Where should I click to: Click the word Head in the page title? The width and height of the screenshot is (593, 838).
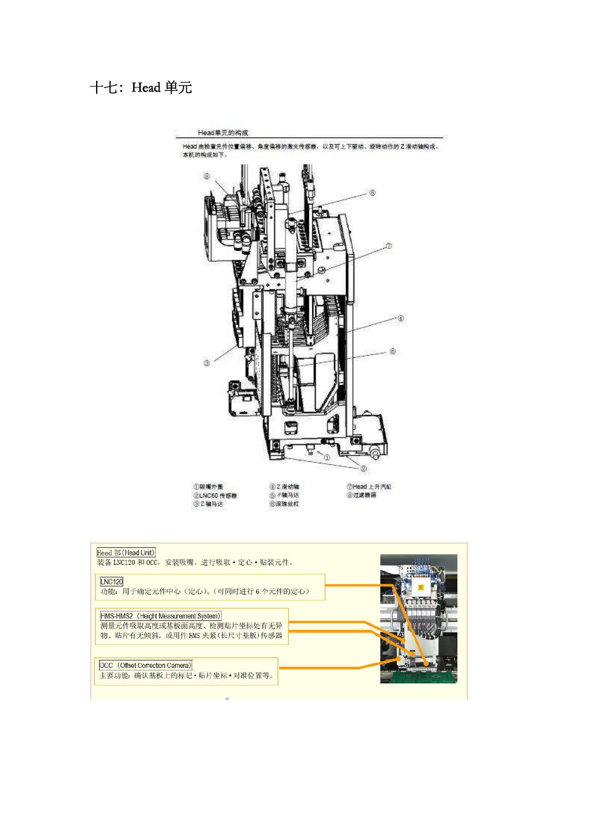click(146, 88)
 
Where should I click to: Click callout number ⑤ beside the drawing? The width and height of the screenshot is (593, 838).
click(372, 193)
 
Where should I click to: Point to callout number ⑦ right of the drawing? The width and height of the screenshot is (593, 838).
click(389, 246)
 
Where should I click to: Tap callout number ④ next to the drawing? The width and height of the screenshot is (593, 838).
click(400, 319)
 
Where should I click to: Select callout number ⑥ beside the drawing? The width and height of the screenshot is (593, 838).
click(393, 352)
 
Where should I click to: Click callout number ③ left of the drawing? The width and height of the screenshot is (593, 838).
click(207, 363)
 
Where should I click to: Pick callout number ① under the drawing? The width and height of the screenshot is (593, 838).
click(327, 457)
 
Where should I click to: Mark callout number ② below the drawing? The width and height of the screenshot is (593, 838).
click(363, 469)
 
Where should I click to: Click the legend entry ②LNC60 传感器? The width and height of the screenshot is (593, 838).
click(215, 495)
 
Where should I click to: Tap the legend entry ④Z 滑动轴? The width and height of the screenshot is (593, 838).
click(284, 486)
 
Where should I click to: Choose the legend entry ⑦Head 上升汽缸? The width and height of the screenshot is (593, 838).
click(369, 486)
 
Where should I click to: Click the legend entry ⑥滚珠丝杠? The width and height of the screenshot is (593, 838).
click(284, 504)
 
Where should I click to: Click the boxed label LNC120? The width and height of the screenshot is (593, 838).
click(111, 581)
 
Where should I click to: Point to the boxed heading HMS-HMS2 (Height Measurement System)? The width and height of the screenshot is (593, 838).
click(160, 616)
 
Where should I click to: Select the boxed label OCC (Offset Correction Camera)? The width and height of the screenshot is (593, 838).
click(146, 665)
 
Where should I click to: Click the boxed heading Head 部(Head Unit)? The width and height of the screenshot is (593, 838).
click(126, 552)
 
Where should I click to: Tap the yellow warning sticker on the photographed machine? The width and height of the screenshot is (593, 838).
click(421, 587)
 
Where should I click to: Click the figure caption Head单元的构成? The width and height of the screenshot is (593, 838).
click(223, 133)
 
